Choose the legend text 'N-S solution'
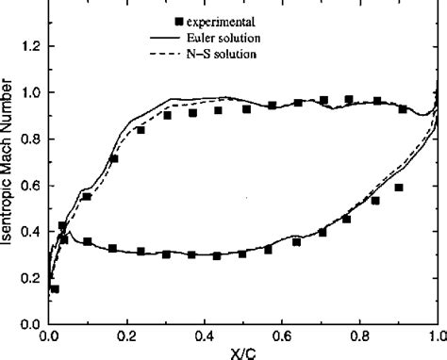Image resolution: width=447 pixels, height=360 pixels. click(209, 54)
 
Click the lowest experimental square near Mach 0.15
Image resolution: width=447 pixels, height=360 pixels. click(55, 288)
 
